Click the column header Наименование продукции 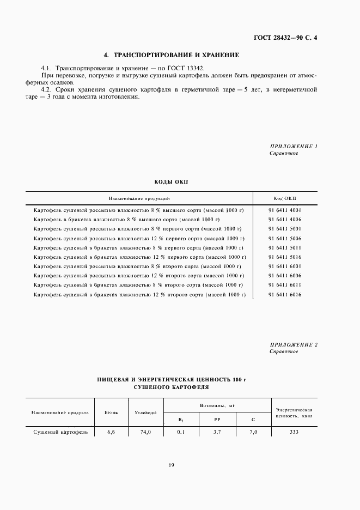[139, 198]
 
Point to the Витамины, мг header [217, 406]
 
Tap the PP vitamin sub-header [217, 420]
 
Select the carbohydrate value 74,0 [145, 432]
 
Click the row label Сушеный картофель [57, 432]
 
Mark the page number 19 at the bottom [171, 465]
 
